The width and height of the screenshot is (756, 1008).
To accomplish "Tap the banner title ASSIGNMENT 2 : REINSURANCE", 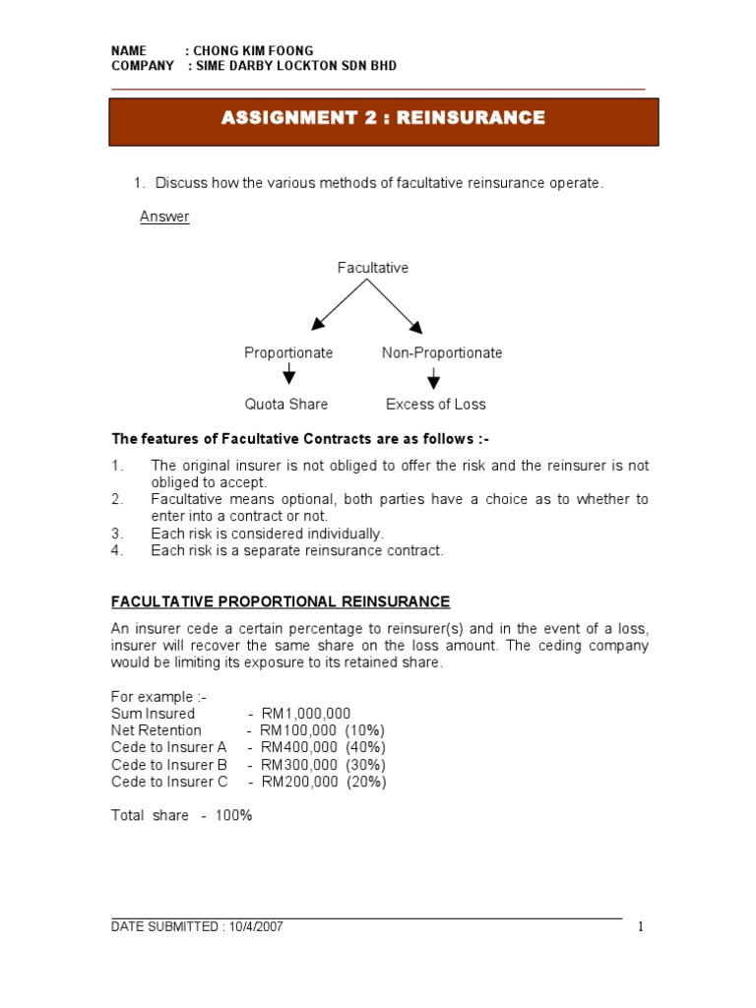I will point(383,119).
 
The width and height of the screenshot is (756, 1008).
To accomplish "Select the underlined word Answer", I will point(164,218).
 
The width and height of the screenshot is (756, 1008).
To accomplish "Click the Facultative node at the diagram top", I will point(373,268).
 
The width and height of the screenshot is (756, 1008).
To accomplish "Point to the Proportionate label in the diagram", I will point(288,352).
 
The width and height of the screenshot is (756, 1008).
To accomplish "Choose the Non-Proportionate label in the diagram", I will point(442,352).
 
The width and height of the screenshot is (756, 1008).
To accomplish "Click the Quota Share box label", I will point(286,404).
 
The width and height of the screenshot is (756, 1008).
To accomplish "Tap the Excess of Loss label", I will point(436,404).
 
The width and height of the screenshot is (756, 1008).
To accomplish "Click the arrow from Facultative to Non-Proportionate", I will point(397,304).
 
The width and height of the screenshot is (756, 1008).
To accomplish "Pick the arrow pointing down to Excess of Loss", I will point(433,378).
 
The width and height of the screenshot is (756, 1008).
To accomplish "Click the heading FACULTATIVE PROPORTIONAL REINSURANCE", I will point(281,601).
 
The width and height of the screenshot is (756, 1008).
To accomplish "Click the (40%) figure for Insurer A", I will point(366,747).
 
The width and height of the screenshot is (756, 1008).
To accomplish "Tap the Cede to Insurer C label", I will point(169,782).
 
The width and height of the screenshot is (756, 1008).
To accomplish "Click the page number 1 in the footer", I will point(640,926).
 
